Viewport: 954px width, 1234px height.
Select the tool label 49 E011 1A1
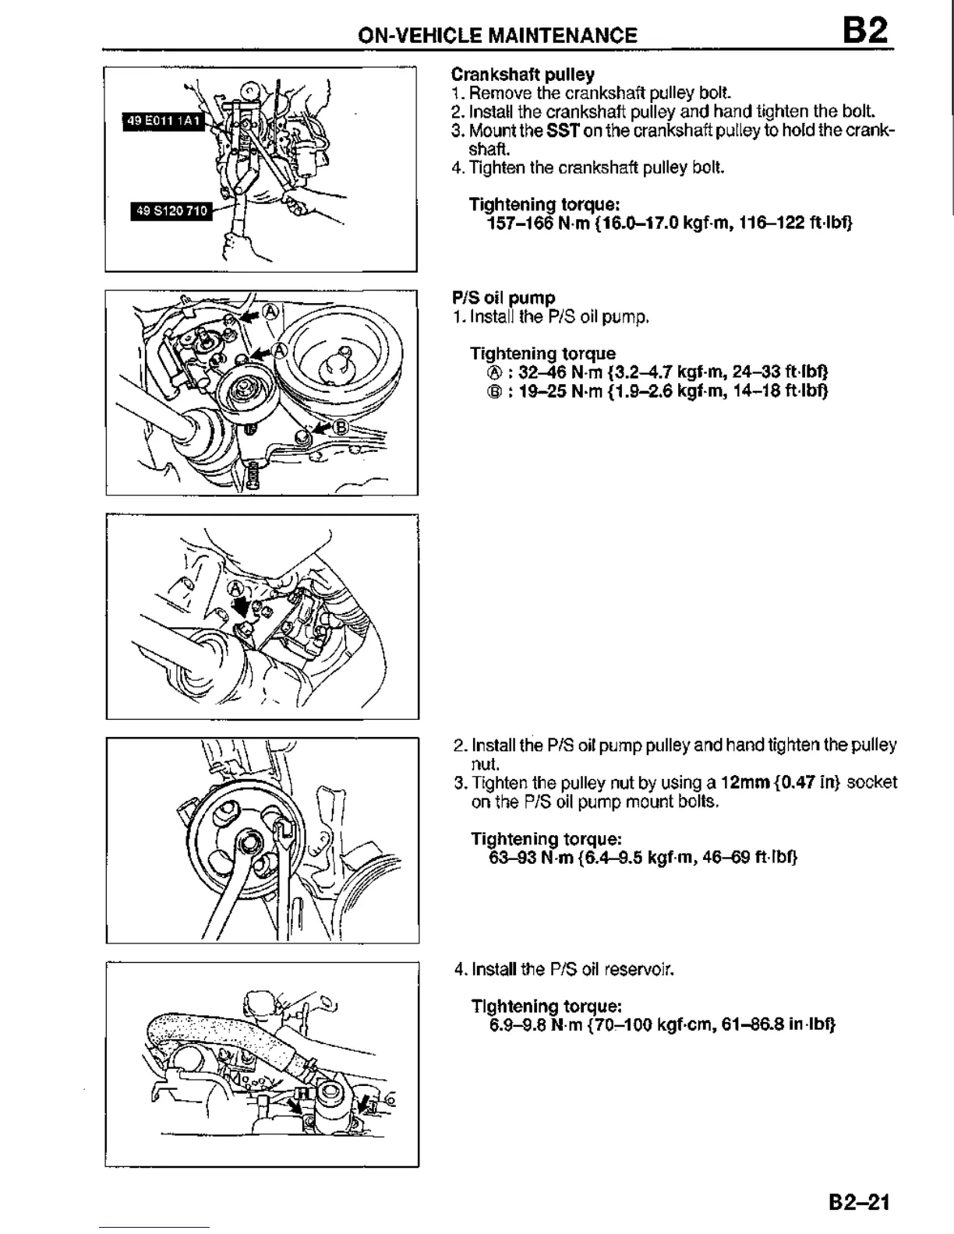[x=163, y=122]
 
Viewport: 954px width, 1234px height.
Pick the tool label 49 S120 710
[x=170, y=210]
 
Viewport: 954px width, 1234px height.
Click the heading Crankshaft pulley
[x=522, y=75]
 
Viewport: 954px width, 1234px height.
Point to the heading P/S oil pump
[x=503, y=298]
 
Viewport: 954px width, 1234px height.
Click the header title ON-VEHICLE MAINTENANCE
[x=497, y=35]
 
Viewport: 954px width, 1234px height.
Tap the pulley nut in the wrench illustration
[x=250, y=841]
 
